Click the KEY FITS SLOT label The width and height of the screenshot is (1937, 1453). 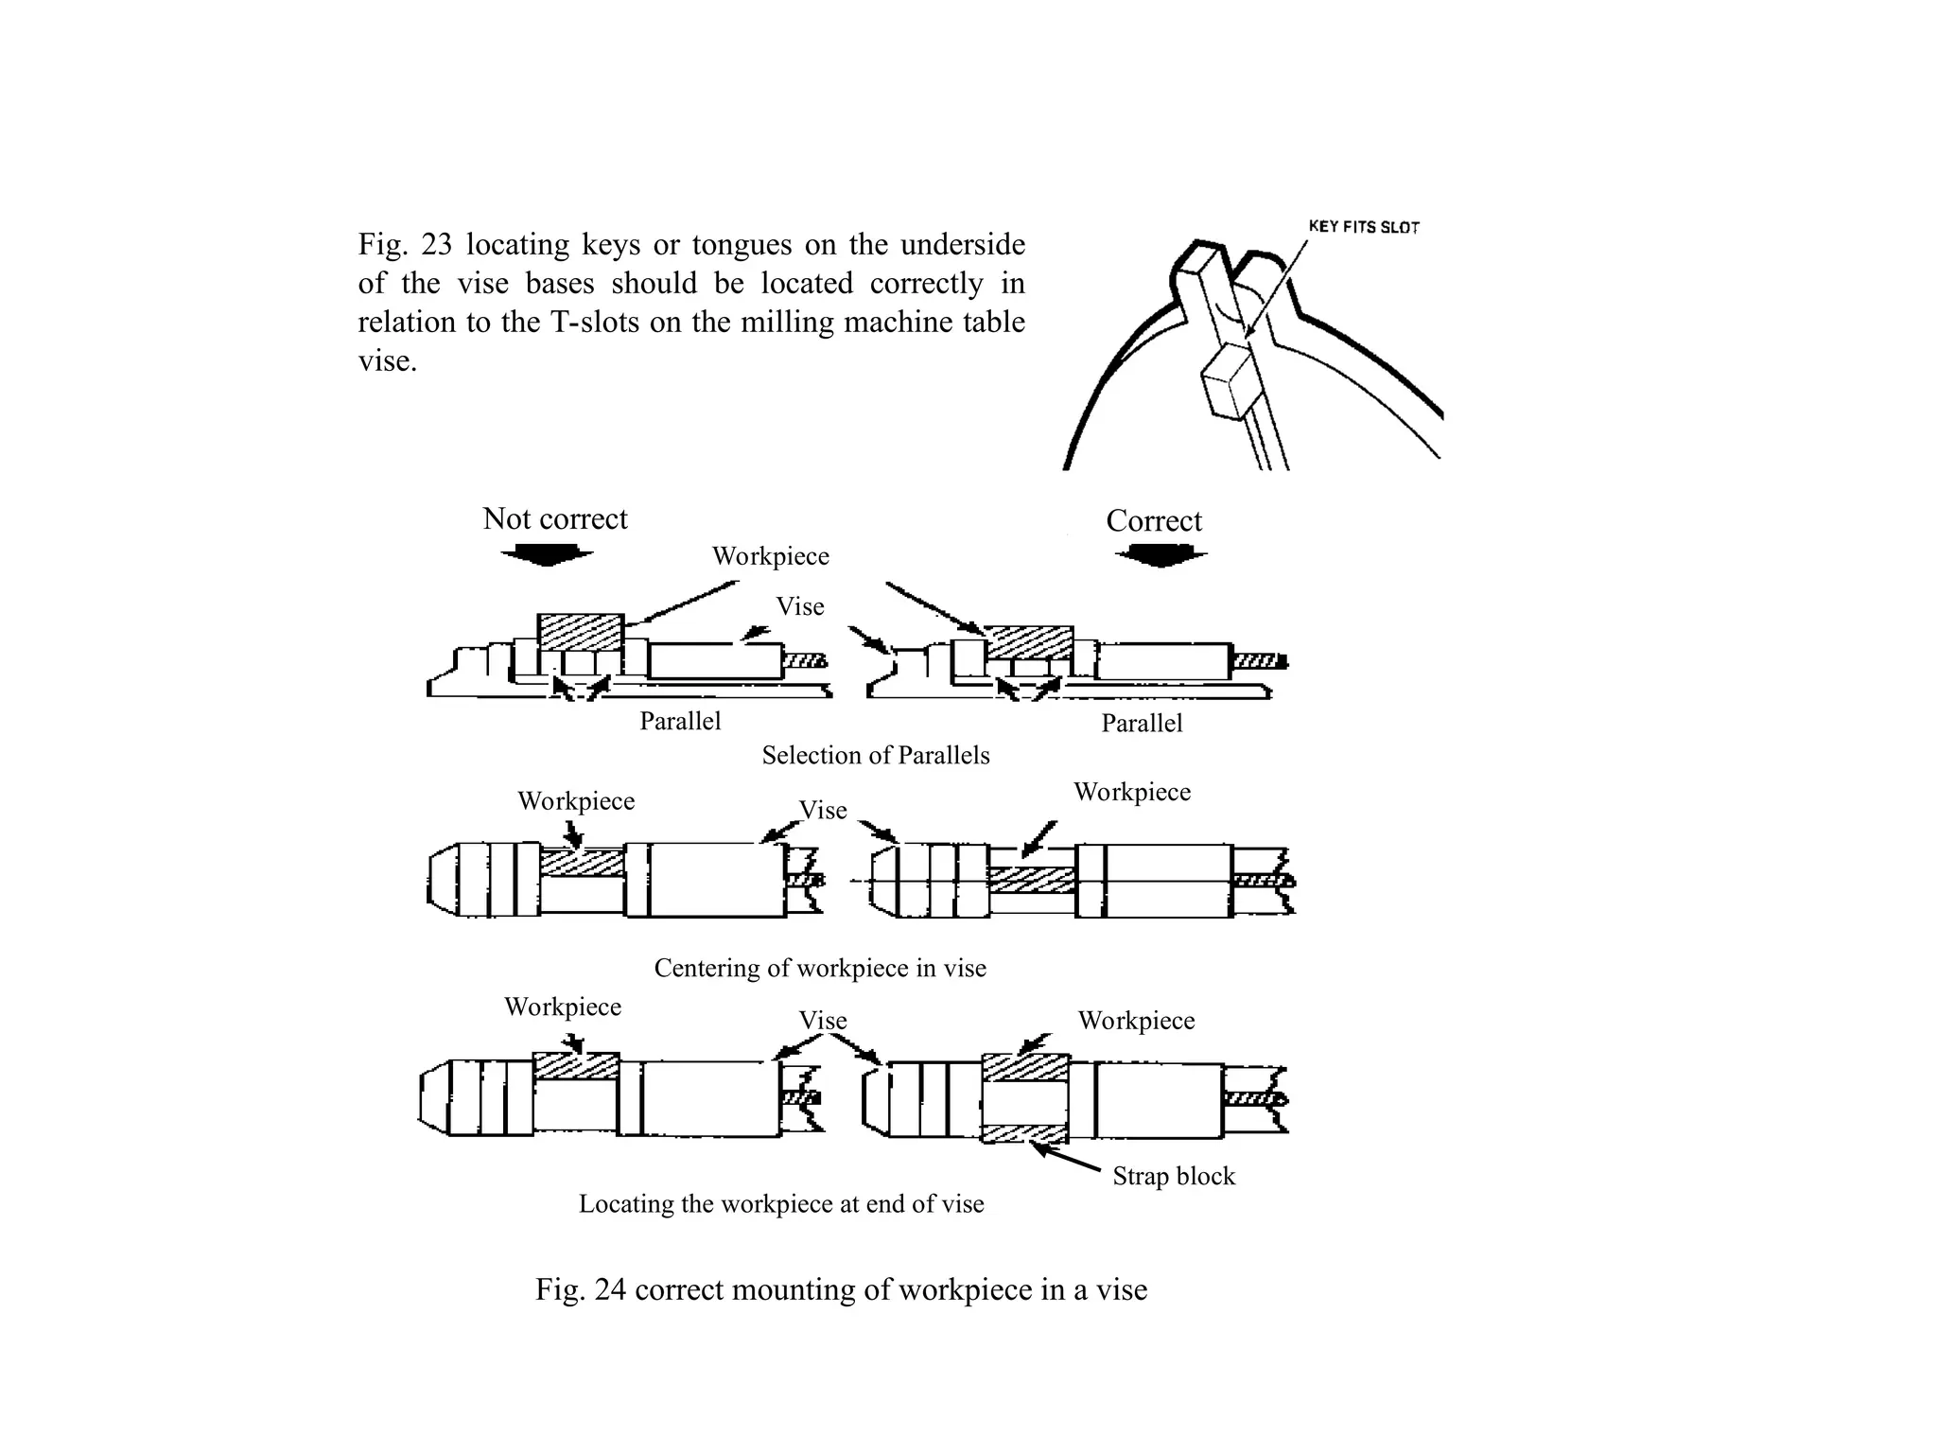pos(1363,227)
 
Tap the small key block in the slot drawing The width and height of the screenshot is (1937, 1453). pos(1227,381)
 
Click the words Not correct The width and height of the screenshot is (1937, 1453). pos(554,518)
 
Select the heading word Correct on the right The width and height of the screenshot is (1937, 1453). pos(1153,520)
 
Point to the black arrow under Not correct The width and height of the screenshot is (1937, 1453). pos(546,555)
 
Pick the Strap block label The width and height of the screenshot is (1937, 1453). pos(1173,1176)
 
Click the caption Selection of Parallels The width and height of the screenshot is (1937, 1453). pos(875,755)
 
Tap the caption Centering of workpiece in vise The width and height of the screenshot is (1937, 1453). pos(819,968)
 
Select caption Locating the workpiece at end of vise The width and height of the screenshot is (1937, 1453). pos(780,1203)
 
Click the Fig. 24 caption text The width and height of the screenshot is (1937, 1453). pos(840,1289)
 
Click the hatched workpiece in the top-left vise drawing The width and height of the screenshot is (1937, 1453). pos(580,631)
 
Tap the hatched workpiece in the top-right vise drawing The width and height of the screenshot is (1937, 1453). pos(1028,642)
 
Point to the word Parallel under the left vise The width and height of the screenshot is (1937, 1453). pos(679,721)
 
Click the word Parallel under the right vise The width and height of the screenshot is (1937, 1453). pos(1141,723)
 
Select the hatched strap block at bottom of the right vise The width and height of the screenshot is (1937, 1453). pos(1025,1133)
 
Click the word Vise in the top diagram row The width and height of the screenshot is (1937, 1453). pos(799,606)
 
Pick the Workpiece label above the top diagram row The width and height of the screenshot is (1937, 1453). pos(770,555)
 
